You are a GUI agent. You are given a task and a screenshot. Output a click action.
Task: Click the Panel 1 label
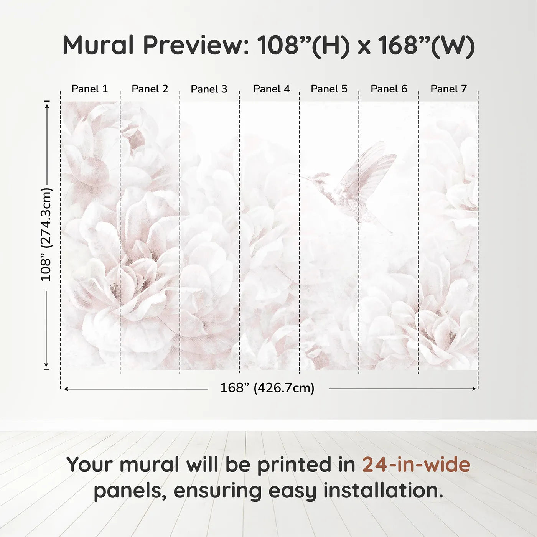[x=90, y=89]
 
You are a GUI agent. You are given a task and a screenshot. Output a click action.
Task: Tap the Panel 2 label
[x=150, y=89]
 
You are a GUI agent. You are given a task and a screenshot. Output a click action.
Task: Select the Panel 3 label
[x=209, y=89]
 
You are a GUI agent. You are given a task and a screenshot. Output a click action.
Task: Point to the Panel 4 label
[x=272, y=89]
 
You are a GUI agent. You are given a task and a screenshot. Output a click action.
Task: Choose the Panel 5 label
[x=329, y=89]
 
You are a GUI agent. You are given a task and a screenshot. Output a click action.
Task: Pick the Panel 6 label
[x=389, y=89]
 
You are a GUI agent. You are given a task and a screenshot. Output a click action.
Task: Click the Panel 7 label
[x=449, y=89]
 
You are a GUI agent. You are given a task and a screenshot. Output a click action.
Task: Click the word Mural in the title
[x=98, y=45]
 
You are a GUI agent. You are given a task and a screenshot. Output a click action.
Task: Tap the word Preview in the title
[x=196, y=45]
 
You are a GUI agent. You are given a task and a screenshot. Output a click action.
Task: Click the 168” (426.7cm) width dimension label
[x=267, y=388]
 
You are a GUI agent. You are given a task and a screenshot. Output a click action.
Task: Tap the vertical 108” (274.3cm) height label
[x=46, y=234]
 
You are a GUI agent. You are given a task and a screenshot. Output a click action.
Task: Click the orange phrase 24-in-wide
[x=416, y=465]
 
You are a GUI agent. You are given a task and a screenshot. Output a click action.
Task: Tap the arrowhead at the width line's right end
[x=474, y=389]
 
